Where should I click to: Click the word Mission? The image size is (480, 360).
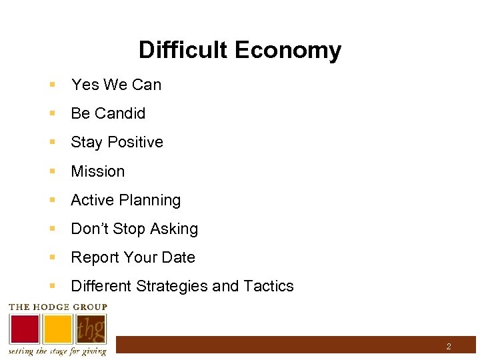tap(97, 171)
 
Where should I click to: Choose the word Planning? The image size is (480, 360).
tap(153, 200)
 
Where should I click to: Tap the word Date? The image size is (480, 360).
tap(178, 257)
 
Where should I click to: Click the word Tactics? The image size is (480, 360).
tap(269, 286)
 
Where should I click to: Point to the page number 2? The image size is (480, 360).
tap(449, 347)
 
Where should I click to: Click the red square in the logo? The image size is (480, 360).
tap(24, 329)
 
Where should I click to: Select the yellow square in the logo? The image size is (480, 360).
tap(58, 329)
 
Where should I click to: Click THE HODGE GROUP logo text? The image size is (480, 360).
tap(57, 307)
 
